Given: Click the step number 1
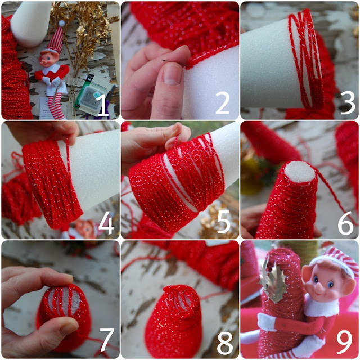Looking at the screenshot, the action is [x=102, y=105].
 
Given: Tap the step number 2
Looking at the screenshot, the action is [x=223, y=103].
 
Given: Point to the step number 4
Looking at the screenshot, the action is [x=106, y=223].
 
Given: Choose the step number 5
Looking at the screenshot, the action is [x=224, y=222].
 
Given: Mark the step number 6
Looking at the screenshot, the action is [x=345, y=223].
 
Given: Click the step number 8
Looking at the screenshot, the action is [x=225, y=344].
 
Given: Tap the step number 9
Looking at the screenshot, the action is [x=344, y=343].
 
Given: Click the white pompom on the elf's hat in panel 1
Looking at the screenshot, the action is [x=62, y=23].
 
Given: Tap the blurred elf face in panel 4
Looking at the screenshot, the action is [x=85, y=228].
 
